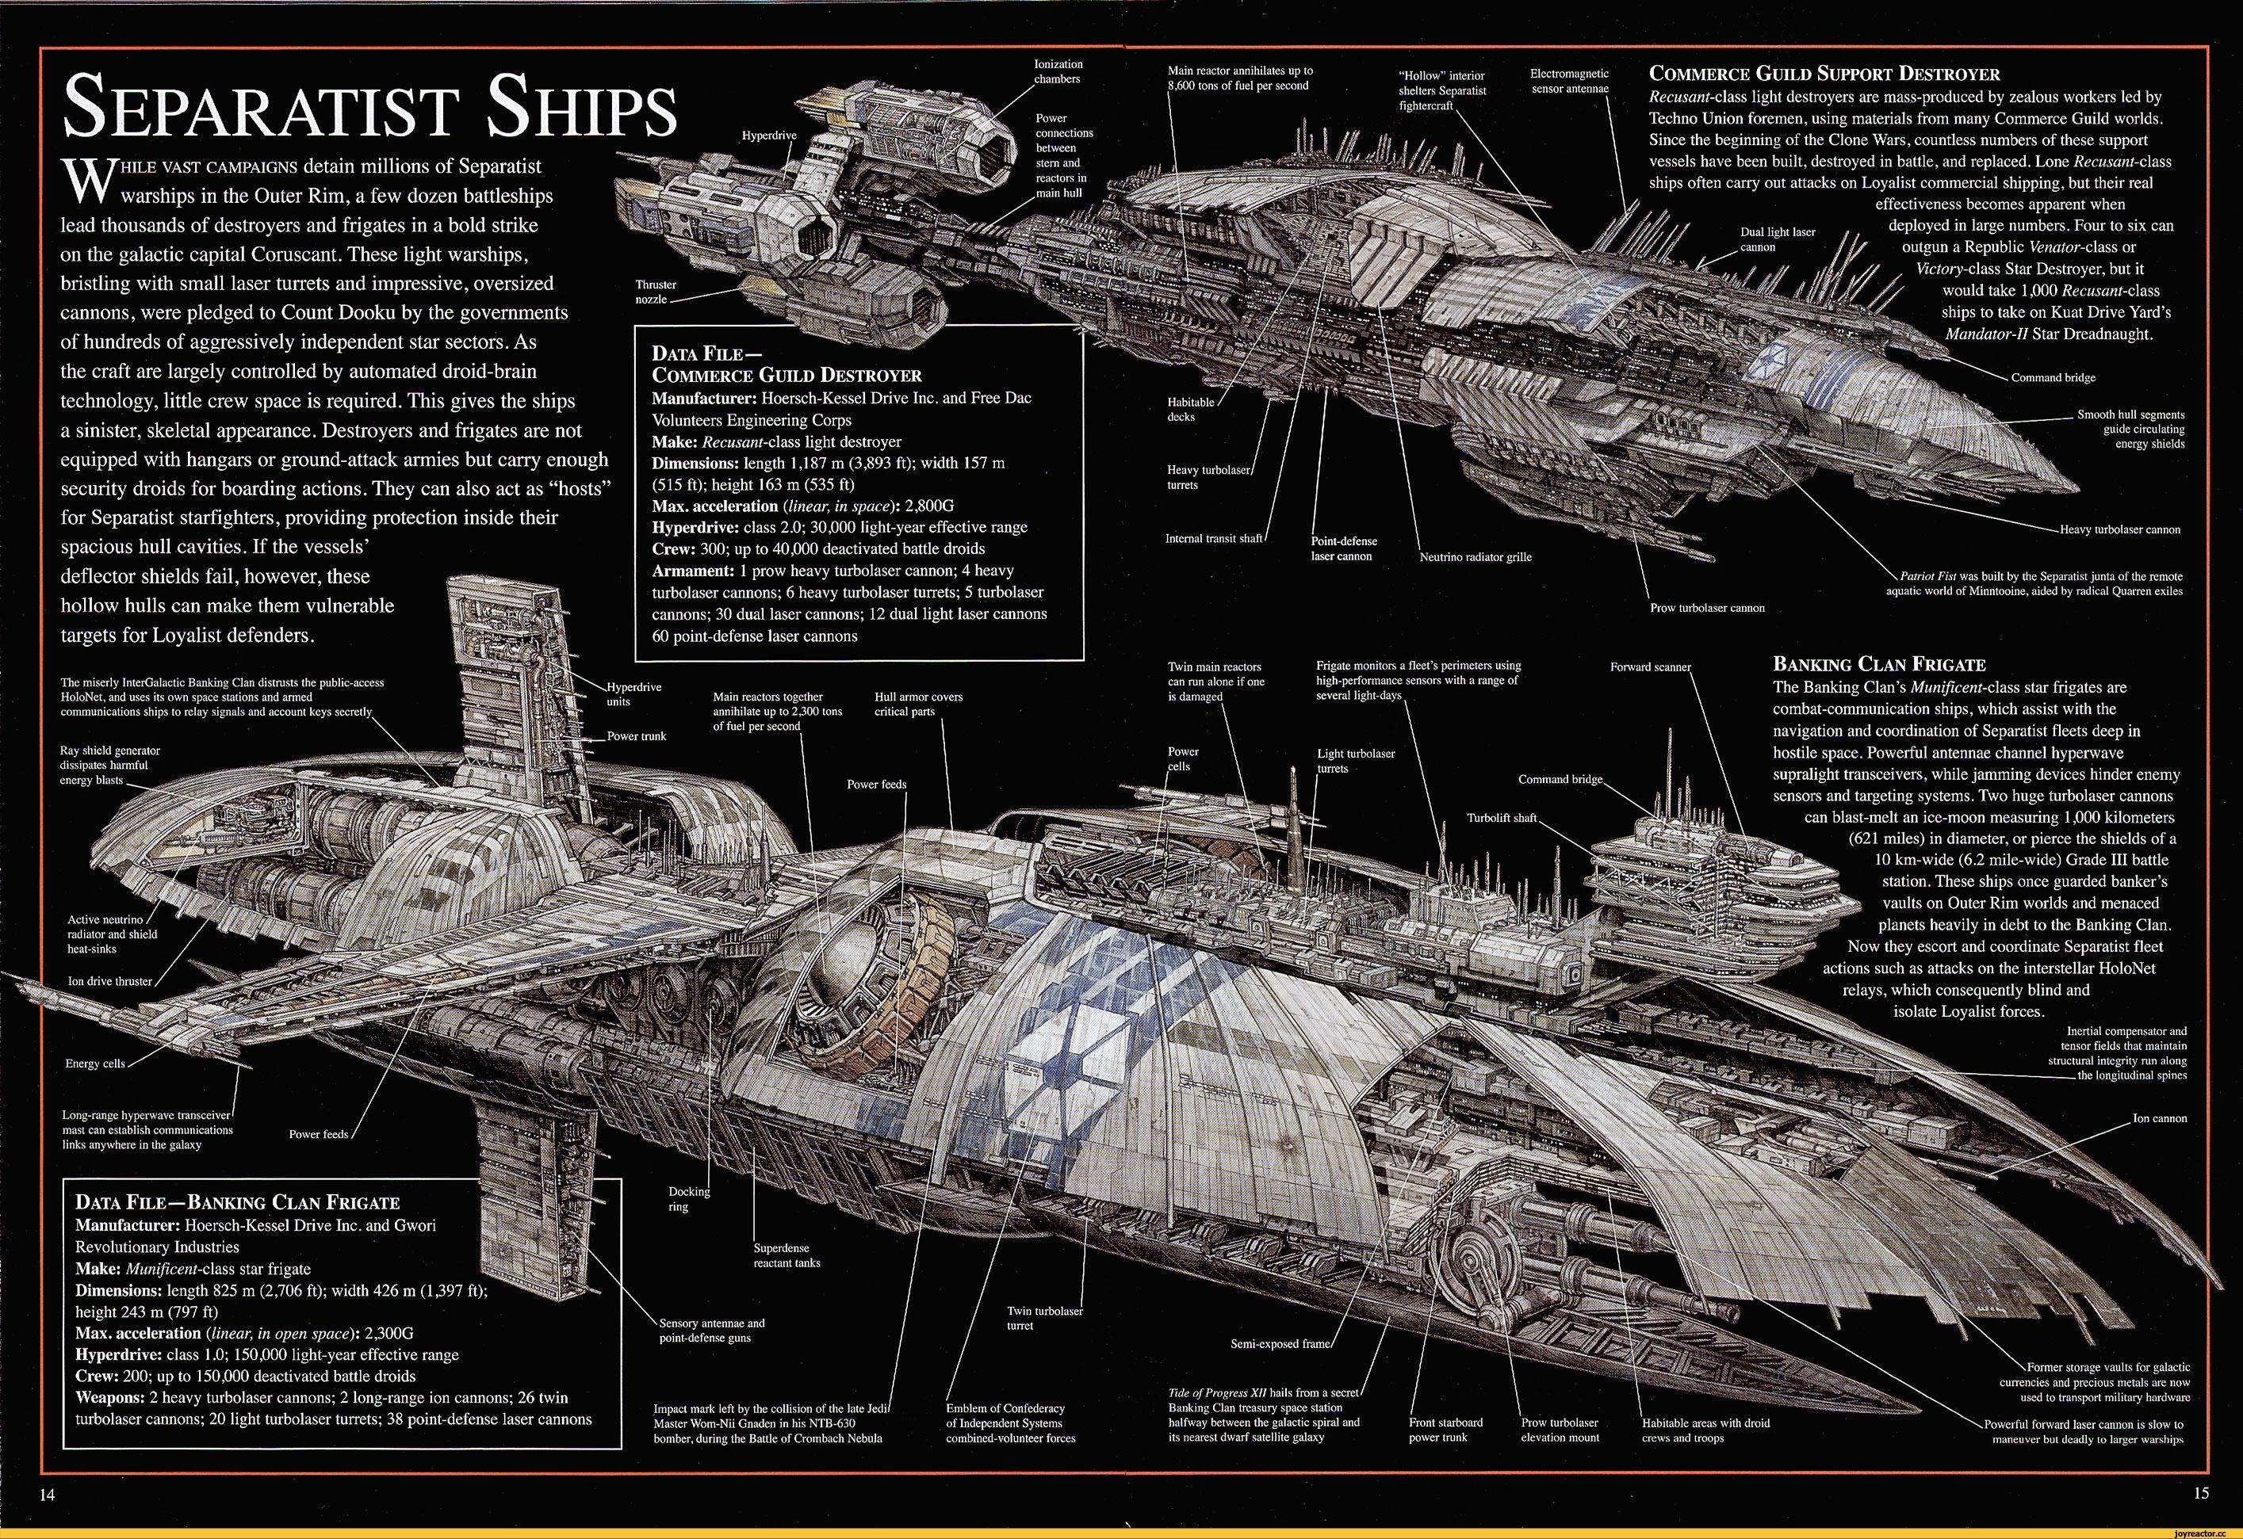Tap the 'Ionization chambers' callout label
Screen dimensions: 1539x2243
coord(1058,71)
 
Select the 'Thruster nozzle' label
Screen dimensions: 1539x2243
coord(656,292)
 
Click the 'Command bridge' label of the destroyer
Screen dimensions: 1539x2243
coord(2053,377)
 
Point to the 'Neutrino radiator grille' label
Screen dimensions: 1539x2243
coord(1476,557)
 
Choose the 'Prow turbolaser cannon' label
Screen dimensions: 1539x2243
coord(1707,608)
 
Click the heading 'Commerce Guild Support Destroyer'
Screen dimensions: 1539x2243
coord(1824,74)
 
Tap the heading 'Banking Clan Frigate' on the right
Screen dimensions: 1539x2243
coord(1879,664)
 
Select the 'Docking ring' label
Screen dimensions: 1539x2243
coord(688,1198)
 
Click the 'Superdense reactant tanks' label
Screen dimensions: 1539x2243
coord(787,1254)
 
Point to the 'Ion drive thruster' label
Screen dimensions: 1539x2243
coord(109,981)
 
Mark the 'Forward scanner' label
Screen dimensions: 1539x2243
coord(1651,666)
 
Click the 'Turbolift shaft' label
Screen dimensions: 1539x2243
coord(1502,818)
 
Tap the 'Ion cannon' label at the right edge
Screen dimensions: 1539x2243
coord(2159,1118)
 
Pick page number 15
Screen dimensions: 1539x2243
coord(2200,1493)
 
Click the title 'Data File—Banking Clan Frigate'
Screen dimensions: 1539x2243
coord(236,1202)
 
